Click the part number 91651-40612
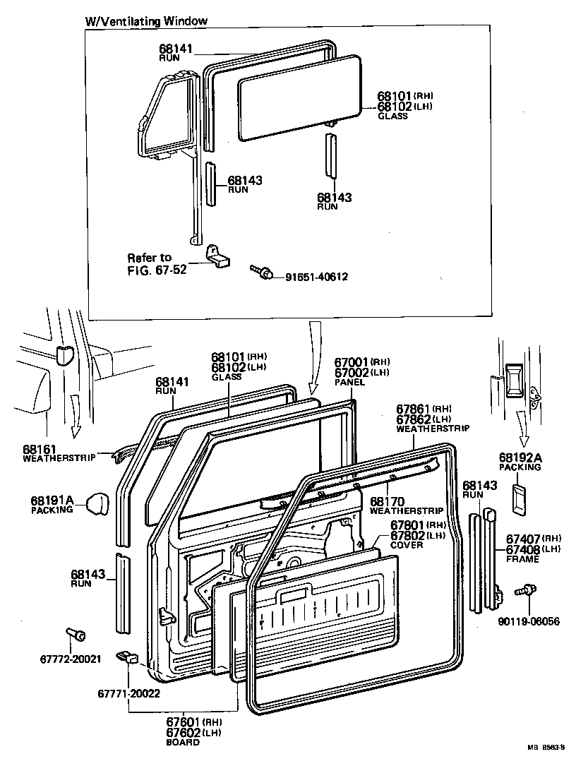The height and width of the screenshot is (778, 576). click(316, 277)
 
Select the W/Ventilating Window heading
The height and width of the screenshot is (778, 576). click(147, 20)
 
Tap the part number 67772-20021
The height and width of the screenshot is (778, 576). click(71, 659)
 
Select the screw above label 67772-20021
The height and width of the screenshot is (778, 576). click(75, 635)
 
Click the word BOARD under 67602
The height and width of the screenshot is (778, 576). click(182, 742)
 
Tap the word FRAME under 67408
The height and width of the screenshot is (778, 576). click(522, 559)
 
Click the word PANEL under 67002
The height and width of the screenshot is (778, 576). click(349, 382)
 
